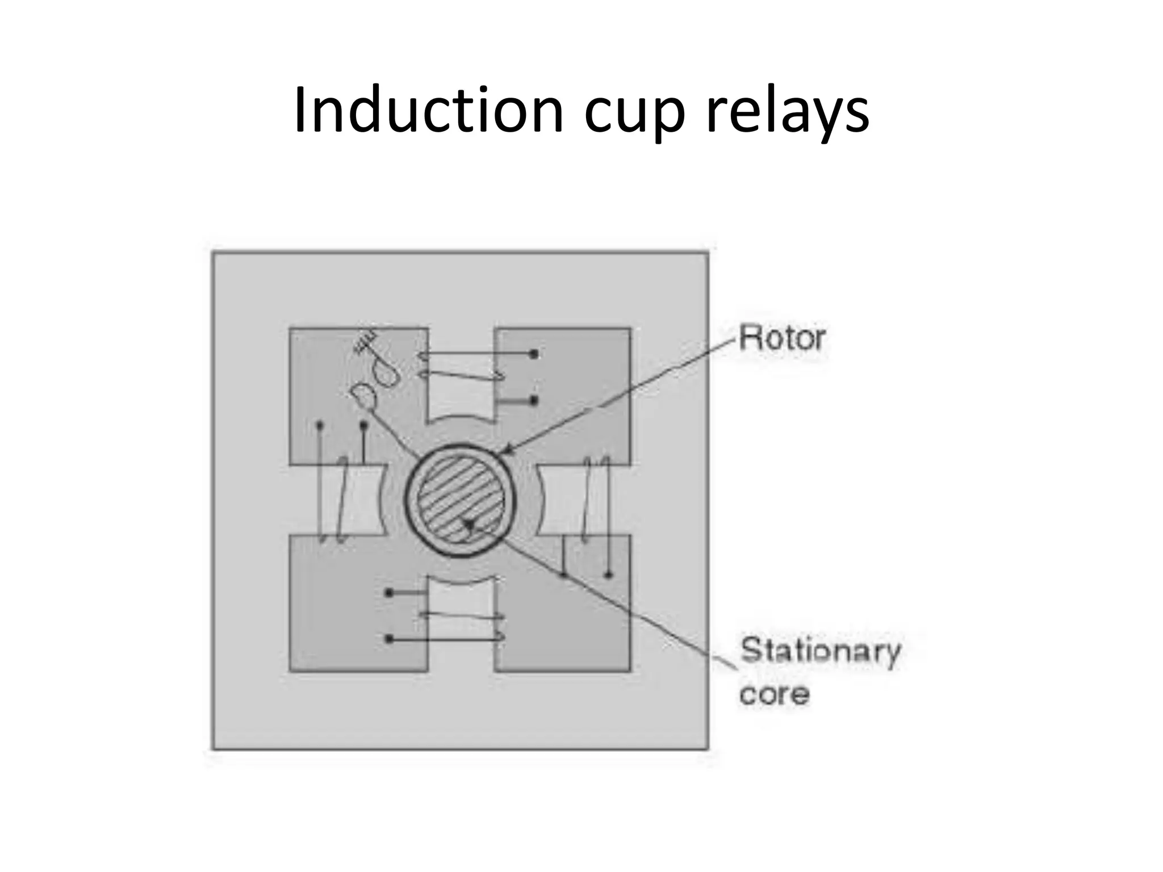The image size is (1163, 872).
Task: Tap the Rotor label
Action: tap(782, 338)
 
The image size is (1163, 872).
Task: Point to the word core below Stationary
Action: tap(773, 694)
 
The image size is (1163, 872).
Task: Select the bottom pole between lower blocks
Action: tap(461, 613)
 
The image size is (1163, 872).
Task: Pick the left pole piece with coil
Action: tap(355, 500)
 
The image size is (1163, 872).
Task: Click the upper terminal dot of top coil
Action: tap(533, 354)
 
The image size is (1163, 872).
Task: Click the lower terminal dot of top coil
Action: tap(533, 401)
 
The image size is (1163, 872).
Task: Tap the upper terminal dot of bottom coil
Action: tap(389, 593)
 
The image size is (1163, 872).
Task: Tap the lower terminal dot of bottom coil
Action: tap(389, 639)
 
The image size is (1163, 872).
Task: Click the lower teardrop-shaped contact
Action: tap(363, 396)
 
